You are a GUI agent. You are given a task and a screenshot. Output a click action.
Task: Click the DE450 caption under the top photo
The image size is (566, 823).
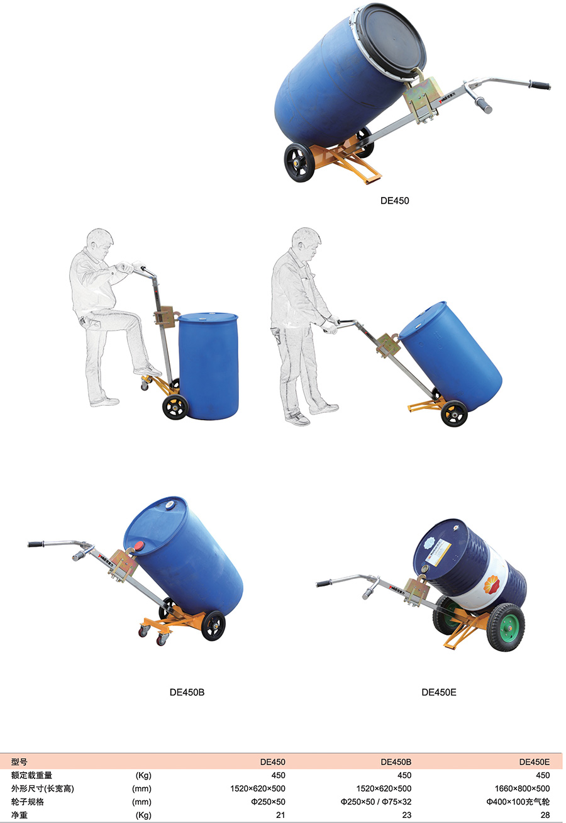(x=394, y=201)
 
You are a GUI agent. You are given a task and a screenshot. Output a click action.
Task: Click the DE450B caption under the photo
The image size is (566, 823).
(x=187, y=692)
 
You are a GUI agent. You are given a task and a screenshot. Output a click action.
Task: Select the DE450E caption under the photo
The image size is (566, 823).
(x=438, y=692)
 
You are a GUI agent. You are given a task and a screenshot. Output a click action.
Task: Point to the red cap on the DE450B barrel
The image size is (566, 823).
(x=139, y=546)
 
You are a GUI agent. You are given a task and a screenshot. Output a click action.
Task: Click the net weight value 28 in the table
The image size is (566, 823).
(x=545, y=815)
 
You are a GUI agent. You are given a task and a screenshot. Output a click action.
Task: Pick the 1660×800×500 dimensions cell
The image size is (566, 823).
(x=522, y=788)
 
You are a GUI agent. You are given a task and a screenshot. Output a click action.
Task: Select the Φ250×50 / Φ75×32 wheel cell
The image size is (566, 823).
(x=375, y=802)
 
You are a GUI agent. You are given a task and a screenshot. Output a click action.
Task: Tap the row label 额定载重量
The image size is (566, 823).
(x=31, y=775)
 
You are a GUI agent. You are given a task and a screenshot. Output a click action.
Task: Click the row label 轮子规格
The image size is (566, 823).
(x=28, y=802)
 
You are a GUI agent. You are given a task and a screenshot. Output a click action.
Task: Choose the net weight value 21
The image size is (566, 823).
(x=280, y=815)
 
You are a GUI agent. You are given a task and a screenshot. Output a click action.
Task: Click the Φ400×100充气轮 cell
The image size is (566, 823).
(x=518, y=802)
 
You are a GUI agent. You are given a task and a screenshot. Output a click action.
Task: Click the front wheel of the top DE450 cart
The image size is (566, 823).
(x=300, y=162)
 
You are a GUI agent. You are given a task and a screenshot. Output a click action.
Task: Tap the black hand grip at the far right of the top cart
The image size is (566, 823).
(x=540, y=85)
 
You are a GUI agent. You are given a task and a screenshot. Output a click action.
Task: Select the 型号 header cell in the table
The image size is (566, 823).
(x=19, y=761)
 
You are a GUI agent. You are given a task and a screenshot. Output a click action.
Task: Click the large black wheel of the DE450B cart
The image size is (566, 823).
(x=213, y=625)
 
